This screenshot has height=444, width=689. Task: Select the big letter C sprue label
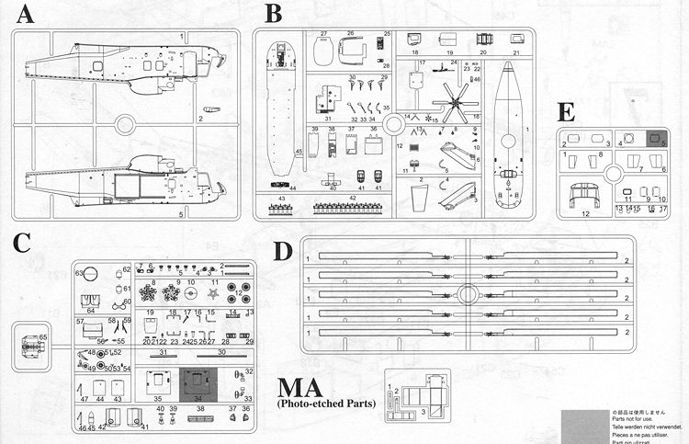click(x=22, y=244)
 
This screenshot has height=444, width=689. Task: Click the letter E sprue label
click(x=566, y=111)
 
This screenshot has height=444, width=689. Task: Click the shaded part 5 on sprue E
click(x=658, y=141)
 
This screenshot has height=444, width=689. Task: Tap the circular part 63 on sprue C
click(x=92, y=273)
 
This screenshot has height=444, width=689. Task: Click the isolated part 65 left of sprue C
click(x=28, y=346)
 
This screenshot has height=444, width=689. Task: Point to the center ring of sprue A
click(x=126, y=123)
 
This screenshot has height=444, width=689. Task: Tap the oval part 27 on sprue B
click(x=324, y=51)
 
